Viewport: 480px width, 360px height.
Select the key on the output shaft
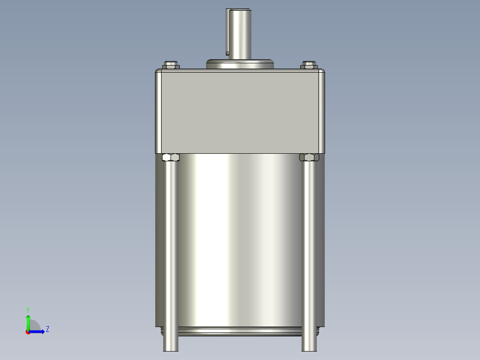pyautogui.click(x=228, y=31)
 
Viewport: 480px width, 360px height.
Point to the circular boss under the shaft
pyautogui.click(x=240, y=64)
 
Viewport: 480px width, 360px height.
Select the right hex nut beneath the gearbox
pyautogui.click(x=309, y=157)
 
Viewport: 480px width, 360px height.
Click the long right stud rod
pyautogui.click(x=309, y=250)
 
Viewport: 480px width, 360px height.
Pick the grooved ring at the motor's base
pyautogui.click(x=240, y=331)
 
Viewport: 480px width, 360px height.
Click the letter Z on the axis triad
pyautogui.click(x=47, y=329)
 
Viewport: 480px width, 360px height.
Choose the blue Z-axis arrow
pyautogui.click(x=38, y=331)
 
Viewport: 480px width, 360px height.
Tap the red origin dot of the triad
pyautogui.click(x=28, y=332)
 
